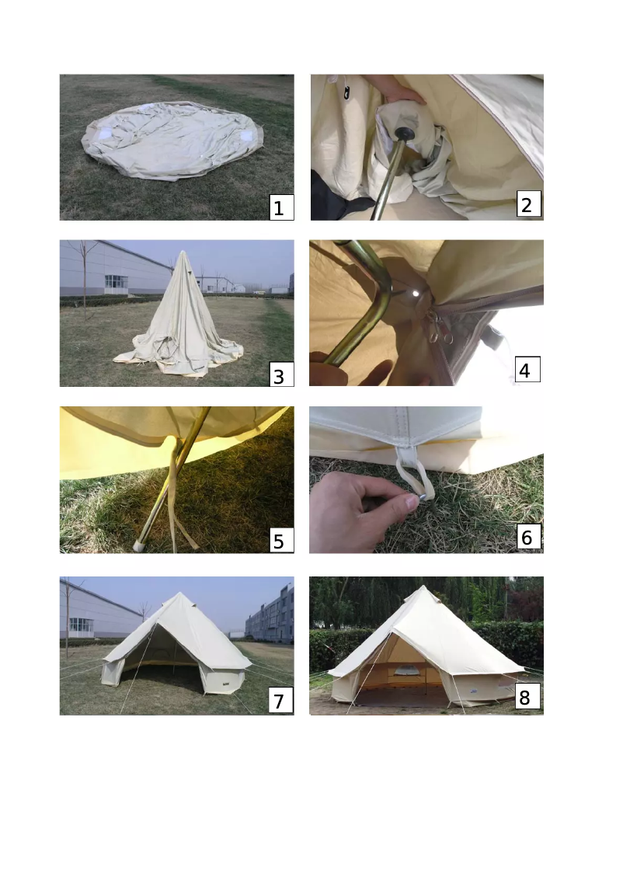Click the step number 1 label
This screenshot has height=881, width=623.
point(281,207)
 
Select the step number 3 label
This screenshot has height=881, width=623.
point(279,376)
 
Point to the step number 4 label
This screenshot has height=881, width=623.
point(525,371)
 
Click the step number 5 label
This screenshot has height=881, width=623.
point(279,541)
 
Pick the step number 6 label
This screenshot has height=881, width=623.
point(527,537)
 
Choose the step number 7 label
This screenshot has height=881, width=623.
point(279,702)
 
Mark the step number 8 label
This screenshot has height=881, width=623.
point(525,698)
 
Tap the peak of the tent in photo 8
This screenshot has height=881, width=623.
point(424,588)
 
